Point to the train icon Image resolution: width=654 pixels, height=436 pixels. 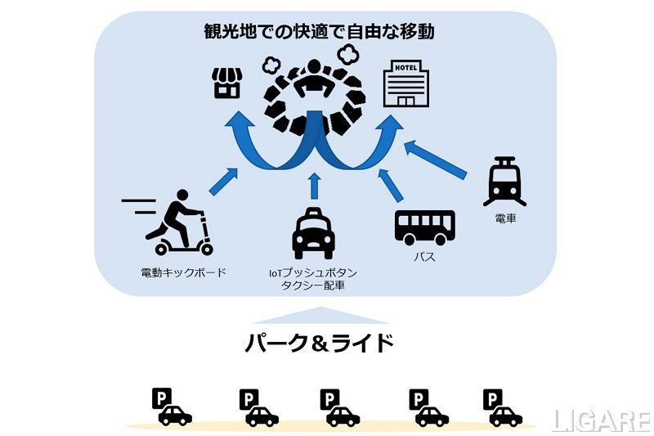(x=501, y=181)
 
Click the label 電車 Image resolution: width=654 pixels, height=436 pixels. (x=504, y=219)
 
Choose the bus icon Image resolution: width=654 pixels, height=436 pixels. (x=424, y=227)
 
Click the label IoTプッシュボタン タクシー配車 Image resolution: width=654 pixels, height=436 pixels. (x=313, y=278)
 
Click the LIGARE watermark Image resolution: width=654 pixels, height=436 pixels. (x=602, y=420)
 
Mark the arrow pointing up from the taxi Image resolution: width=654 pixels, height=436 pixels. (x=314, y=186)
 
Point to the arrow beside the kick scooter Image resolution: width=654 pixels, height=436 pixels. (x=223, y=182)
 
